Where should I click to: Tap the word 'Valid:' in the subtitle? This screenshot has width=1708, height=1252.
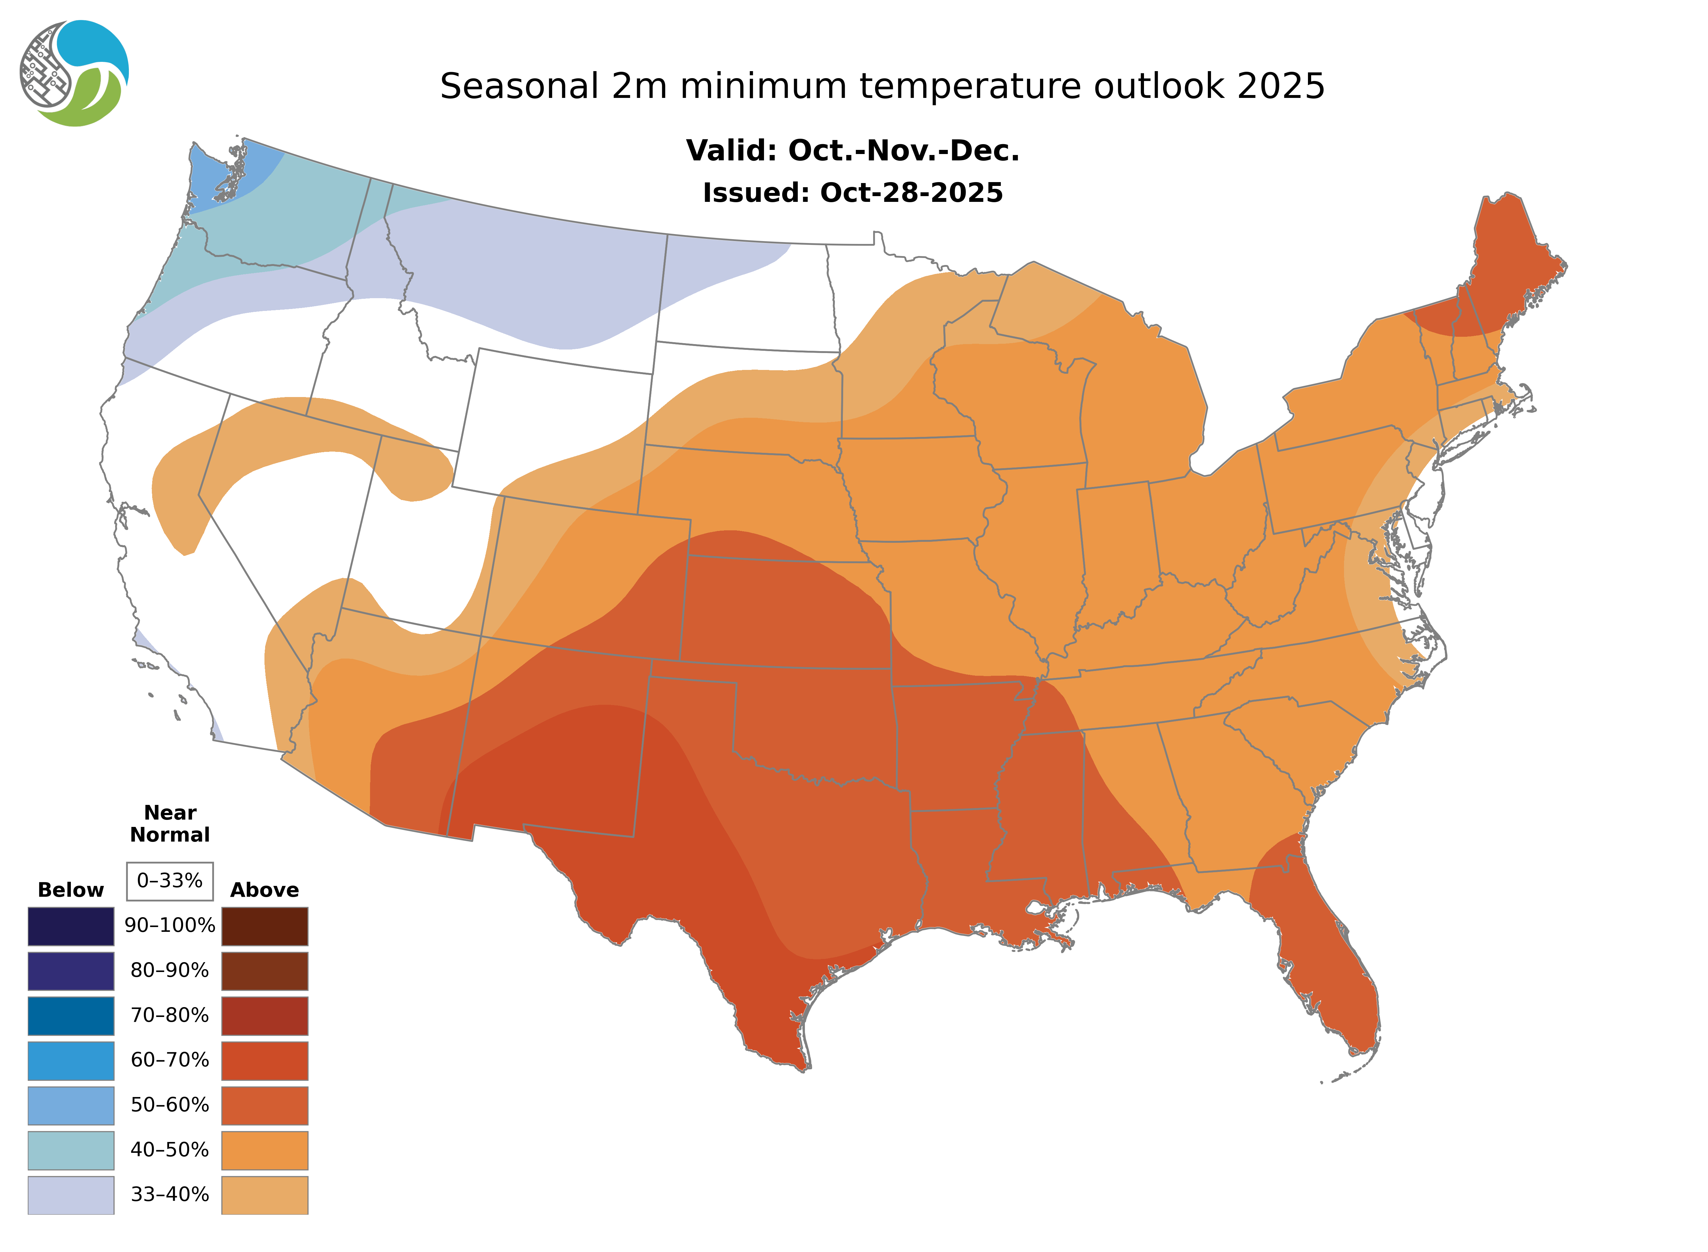coord(731,151)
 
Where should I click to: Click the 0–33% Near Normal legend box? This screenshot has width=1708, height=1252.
coord(170,881)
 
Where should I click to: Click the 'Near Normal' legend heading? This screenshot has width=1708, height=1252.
coord(170,824)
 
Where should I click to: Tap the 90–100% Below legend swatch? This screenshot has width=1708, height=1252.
coord(71,926)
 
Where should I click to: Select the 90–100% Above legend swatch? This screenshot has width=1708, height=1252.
coord(264,926)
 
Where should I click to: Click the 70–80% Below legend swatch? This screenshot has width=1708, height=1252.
coord(71,1016)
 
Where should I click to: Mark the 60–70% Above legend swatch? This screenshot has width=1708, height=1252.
coord(264,1060)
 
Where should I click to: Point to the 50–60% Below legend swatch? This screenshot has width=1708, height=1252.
coord(71,1105)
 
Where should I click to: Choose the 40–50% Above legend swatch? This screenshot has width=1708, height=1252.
coord(264,1150)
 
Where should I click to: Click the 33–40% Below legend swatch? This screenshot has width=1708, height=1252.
coord(71,1194)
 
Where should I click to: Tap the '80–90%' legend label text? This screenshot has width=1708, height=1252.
coord(170,971)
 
